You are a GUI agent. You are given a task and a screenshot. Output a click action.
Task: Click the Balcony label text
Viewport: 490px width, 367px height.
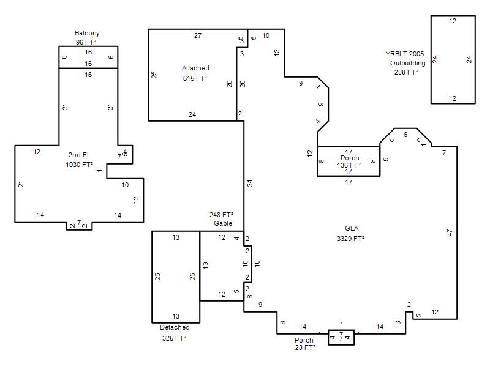point(87,33)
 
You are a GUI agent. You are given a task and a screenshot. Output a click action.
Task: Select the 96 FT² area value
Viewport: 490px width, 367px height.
point(86,42)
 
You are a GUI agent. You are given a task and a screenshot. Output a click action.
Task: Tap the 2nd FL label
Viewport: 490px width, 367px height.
point(80,155)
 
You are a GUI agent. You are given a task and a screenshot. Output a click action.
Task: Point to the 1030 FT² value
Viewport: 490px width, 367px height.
point(79,165)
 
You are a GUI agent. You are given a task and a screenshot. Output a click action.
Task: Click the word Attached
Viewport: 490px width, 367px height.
point(195,68)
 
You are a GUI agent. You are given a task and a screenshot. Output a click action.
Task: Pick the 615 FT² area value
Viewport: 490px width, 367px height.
point(195,78)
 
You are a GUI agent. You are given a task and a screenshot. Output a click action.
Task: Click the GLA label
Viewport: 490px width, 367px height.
point(352,228)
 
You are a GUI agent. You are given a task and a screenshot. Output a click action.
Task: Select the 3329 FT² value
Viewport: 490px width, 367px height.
point(350,239)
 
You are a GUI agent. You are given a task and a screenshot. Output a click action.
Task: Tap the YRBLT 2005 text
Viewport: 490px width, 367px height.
point(405,54)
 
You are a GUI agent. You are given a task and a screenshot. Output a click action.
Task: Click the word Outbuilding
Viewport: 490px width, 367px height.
point(407,63)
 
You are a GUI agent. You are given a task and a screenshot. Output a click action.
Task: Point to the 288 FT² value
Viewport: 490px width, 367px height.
point(406,72)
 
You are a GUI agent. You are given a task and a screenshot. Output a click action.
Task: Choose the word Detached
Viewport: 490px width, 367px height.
point(175,327)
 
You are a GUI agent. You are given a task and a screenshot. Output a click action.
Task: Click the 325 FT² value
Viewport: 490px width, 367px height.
point(174,338)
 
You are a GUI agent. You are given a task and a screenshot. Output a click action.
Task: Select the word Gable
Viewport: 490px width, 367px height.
point(223,223)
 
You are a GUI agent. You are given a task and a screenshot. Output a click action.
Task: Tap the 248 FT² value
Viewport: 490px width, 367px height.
point(221,215)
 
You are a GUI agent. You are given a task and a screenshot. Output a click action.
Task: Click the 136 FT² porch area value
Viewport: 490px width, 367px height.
point(349,165)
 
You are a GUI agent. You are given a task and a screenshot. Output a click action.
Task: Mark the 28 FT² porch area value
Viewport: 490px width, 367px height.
point(305,347)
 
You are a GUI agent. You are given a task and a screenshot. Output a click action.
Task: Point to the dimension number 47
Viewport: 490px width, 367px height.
point(450,232)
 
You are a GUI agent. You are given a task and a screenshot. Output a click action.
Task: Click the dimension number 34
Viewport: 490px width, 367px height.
point(250,183)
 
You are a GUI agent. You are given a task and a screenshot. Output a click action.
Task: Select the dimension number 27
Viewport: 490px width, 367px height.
point(198,35)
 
